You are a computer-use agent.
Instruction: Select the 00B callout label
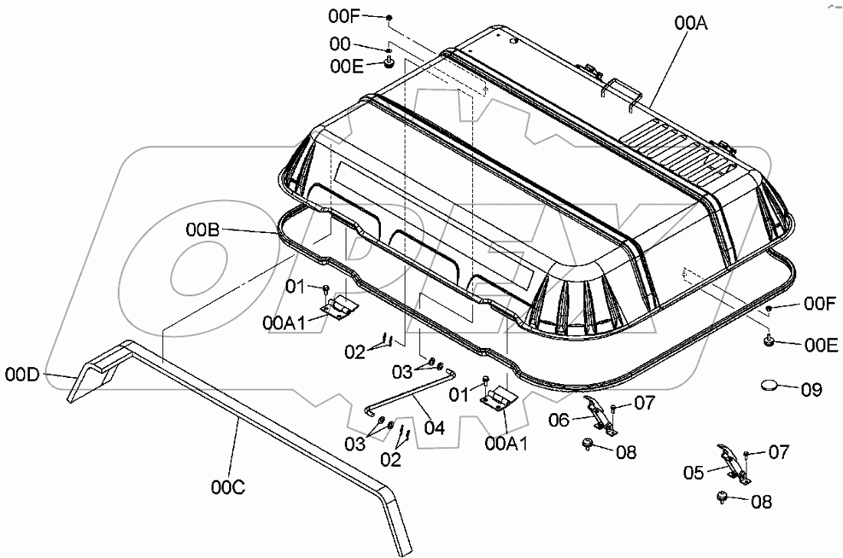pos(202,228)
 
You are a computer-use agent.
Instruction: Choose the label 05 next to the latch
pos(694,473)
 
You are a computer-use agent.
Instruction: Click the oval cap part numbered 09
pos(772,385)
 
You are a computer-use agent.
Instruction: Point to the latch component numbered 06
pos(599,414)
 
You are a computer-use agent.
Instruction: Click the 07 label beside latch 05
pos(779,452)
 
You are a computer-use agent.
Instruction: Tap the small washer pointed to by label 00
pos(391,49)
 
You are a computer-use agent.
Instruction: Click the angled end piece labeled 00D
pos(90,377)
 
